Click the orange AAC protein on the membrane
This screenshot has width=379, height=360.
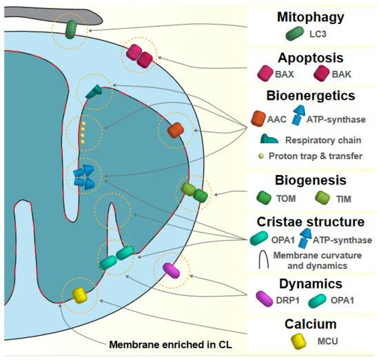(175, 129)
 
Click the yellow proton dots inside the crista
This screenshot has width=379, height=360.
(83, 132)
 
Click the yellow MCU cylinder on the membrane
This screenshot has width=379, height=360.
(81, 295)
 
